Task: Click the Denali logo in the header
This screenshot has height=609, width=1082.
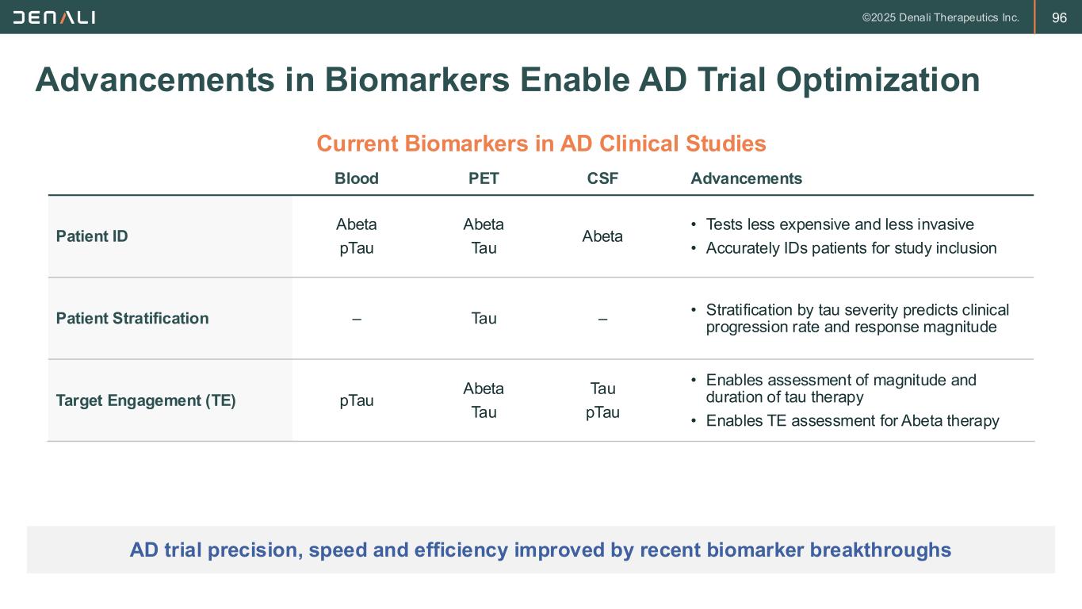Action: [x=54, y=18]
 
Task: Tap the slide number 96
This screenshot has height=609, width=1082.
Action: [x=1059, y=18]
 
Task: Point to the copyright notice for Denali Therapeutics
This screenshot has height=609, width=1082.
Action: [x=940, y=18]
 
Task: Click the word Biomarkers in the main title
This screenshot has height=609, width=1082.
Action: [x=417, y=80]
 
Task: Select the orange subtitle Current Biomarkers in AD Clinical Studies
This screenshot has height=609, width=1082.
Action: [x=541, y=144]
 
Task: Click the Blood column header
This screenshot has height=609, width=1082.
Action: [x=357, y=178]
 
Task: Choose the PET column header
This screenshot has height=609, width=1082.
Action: [x=484, y=178]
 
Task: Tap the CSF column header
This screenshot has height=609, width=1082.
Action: [x=602, y=178]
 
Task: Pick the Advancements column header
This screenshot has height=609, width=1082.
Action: [x=746, y=178]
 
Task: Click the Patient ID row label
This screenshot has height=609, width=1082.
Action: [x=92, y=236]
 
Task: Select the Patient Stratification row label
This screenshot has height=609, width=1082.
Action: [x=132, y=319]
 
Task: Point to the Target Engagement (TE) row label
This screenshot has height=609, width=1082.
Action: [x=146, y=400]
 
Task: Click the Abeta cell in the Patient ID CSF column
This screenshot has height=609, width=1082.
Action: [x=602, y=236]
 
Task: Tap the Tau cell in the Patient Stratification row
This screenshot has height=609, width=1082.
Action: [x=484, y=319]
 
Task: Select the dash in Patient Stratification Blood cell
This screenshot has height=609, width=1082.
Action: [x=357, y=320]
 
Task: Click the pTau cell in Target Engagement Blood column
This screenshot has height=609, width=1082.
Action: [x=357, y=401]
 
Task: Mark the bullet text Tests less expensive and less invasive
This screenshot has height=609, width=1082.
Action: [x=839, y=224]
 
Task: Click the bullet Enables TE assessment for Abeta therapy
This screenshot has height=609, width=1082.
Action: [x=853, y=421]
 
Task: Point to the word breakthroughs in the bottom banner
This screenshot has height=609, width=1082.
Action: [x=881, y=550]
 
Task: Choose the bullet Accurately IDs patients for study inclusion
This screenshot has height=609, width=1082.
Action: [x=851, y=248]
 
